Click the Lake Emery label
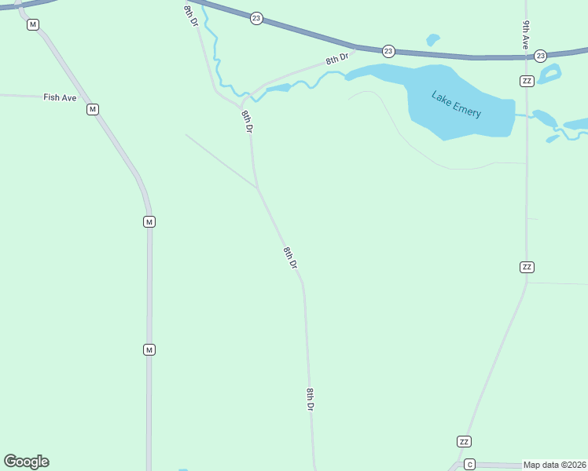coord(456,104)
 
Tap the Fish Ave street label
coord(60,97)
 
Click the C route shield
coord(469,464)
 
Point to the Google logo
coord(26,462)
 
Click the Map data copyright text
coord(555,465)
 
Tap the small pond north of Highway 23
coord(432,39)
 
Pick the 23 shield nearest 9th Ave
coord(540,56)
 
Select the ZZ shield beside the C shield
coord(464,441)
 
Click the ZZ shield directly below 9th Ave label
coord(527,82)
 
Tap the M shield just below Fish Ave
coord(93,109)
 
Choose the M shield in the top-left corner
coord(32,25)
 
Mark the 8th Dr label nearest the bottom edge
coord(311,400)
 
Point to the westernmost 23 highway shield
coord(256,17)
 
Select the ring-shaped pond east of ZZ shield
coord(550,74)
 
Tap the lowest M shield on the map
coord(149,349)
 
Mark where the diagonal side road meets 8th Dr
coord(257,188)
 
